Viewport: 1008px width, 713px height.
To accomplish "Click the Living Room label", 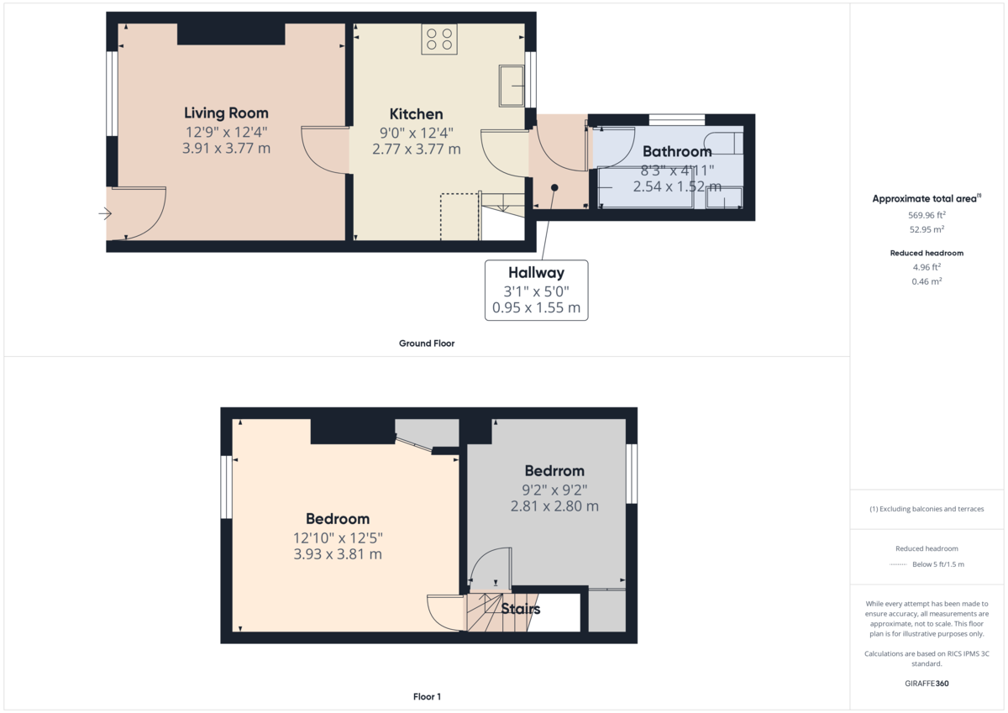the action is point(226,113).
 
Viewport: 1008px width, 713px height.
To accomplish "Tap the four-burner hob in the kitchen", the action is point(439,39).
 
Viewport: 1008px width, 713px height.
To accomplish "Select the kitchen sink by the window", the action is point(512,86).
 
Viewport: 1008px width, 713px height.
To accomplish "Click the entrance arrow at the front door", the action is point(105,213).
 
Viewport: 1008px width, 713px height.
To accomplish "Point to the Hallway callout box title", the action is point(536,273).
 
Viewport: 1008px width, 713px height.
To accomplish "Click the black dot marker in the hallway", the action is point(554,187).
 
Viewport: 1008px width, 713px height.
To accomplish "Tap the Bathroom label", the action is point(677,152).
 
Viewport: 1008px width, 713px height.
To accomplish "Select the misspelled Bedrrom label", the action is point(554,471).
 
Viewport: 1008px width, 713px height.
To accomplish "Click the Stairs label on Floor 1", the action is point(520,609).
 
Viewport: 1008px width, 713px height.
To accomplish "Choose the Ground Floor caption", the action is point(427,343).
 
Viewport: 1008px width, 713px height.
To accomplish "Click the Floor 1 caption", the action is point(427,696).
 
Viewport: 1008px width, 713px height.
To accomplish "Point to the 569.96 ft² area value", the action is point(927,215).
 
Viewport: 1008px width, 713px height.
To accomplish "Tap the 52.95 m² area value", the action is point(927,229).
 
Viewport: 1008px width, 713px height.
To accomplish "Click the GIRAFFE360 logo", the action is point(927,684).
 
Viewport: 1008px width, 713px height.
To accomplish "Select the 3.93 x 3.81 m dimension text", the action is point(338,554).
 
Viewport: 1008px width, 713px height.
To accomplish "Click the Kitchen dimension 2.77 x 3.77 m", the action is point(417,149).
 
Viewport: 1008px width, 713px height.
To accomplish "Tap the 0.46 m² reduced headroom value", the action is point(927,281).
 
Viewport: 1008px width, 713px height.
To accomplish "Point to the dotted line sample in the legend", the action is point(898,564).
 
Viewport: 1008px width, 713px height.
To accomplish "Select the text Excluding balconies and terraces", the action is point(932,509).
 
